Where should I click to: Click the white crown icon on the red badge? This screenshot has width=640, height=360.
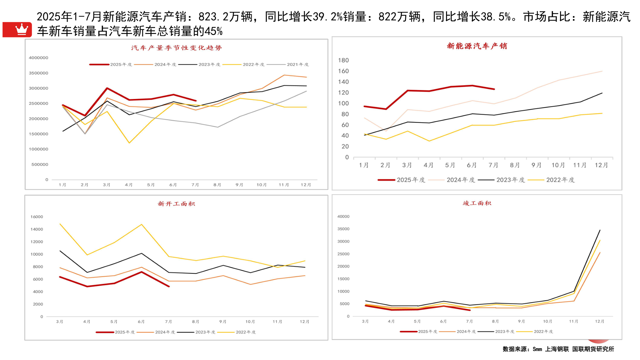(22, 29)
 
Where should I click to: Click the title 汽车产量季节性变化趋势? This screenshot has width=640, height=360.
(176, 48)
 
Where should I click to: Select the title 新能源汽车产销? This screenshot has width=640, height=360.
(477, 46)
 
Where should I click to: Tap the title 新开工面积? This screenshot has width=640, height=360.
(176, 204)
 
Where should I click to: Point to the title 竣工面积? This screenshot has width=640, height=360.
(477, 203)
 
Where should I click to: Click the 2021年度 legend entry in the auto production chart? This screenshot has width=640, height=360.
(297, 64)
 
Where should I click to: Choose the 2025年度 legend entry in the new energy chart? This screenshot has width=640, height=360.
(411, 180)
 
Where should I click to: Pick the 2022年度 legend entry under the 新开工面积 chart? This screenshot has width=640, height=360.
(246, 332)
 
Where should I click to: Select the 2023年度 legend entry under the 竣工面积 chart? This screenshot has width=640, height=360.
(504, 331)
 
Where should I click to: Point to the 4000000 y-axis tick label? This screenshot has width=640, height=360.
(38, 58)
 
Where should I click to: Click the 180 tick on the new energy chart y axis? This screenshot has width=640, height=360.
(343, 60)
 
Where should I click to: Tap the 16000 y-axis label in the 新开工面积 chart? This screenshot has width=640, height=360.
(37, 217)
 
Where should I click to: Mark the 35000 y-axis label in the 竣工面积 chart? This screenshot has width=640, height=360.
(343, 229)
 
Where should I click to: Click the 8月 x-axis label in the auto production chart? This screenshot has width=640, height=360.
(217, 185)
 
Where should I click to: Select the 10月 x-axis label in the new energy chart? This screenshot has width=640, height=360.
(558, 165)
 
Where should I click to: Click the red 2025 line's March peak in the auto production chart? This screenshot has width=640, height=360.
(107, 88)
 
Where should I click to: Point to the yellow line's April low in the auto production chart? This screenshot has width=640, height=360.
(129, 143)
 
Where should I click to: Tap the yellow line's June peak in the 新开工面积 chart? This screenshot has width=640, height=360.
(142, 224)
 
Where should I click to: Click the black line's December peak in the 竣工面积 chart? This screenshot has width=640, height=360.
(600, 230)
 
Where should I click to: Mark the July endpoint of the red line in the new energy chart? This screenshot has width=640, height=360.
(494, 89)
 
